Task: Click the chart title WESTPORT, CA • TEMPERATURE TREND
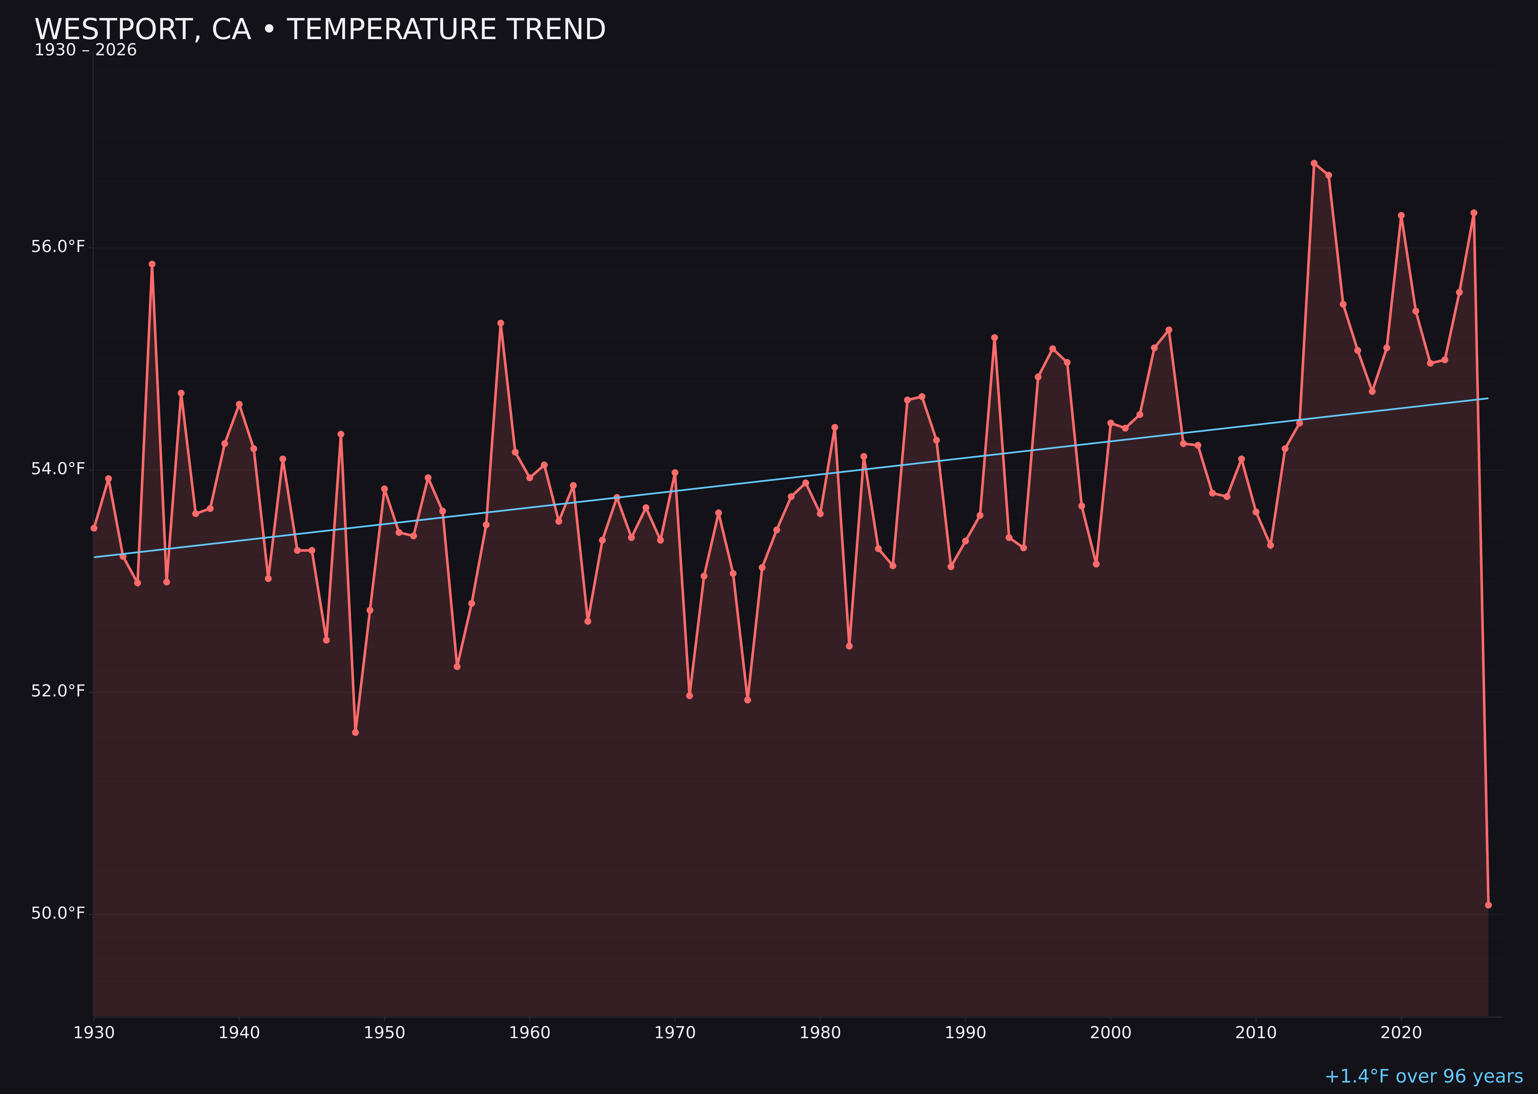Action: [x=320, y=30]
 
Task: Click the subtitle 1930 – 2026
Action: [x=85, y=50]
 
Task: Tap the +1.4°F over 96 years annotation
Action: [x=1423, y=1076]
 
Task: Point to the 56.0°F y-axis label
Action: [x=58, y=247]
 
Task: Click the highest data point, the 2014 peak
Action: [x=1314, y=163]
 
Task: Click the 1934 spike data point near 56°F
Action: [x=152, y=264]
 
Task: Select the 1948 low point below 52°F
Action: [x=356, y=732]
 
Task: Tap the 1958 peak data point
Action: [x=500, y=324]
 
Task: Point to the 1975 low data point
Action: [x=747, y=700]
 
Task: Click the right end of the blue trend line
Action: [x=1488, y=398]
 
